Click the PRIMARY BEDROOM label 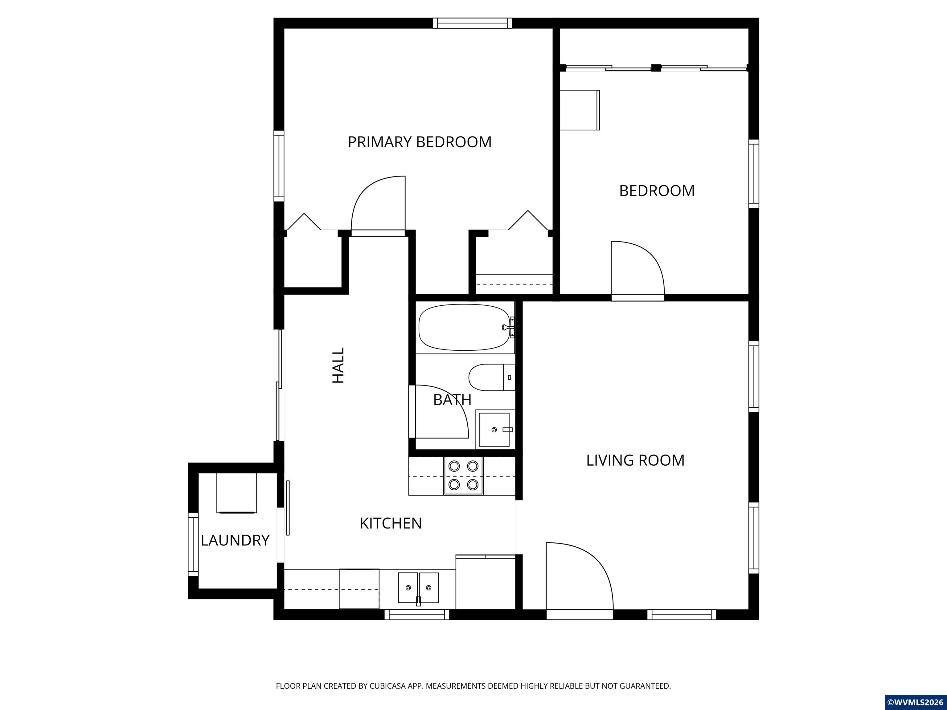(x=420, y=142)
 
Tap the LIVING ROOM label (x=635, y=460)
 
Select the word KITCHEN (x=391, y=523)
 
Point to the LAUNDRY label (x=235, y=541)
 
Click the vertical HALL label (x=338, y=365)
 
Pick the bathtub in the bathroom (x=466, y=327)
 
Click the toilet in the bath (x=492, y=377)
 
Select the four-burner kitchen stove (x=463, y=475)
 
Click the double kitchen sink (x=418, y=588)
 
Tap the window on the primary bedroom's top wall (x=472, y=23)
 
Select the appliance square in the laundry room (x=237, y=492)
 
